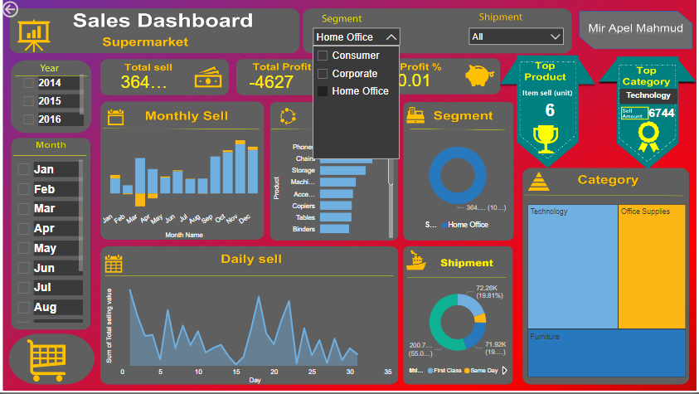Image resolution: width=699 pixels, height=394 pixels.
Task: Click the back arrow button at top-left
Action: point(10,10)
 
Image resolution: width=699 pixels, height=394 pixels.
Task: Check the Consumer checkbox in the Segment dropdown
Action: point(323,56)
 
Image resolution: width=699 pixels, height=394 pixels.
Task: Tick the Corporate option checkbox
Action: point(323,74)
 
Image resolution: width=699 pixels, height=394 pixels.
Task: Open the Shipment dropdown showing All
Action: point(516,36)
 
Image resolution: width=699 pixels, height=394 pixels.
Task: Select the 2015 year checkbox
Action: point(29,100)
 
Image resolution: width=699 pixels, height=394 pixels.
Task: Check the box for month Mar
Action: point(24,208)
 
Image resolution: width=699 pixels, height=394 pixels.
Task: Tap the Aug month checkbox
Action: point(24,307)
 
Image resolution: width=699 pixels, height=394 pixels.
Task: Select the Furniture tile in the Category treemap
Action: point(607,353)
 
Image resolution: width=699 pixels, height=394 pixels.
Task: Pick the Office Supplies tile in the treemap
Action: point(652,265)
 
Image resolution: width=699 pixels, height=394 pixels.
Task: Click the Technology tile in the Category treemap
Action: point(572,265)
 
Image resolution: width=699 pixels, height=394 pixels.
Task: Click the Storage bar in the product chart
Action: point(342,170)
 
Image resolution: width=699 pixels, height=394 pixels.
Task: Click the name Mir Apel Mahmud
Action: point(635,28)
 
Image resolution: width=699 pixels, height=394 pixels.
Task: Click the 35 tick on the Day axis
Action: point(387,372)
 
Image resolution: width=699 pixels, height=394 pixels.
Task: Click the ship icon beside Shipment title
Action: point(417,261)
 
